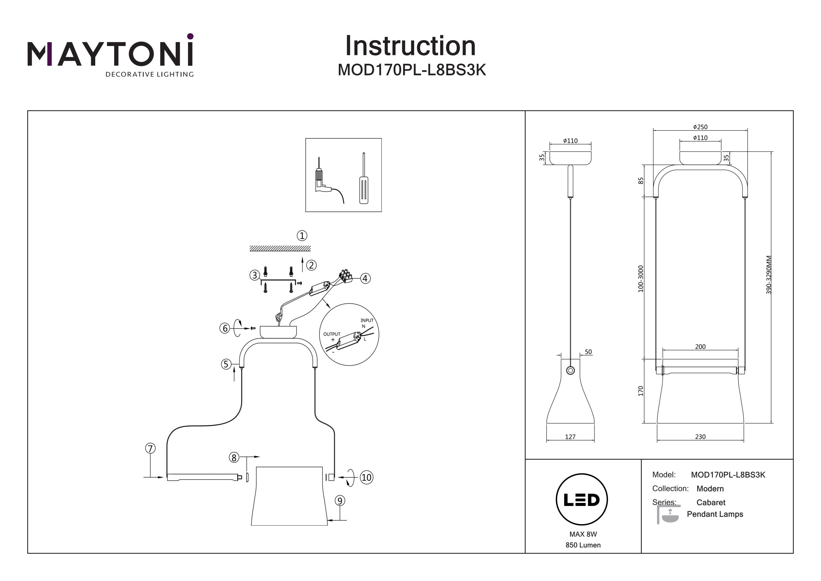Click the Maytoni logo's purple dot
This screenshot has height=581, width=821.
190,36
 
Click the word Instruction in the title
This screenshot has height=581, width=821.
410,46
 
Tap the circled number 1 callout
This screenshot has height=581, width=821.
302,236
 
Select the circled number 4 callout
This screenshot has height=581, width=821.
365,278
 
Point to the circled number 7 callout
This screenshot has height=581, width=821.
150,448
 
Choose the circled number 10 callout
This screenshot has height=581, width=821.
366,477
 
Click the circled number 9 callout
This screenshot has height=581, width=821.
340,500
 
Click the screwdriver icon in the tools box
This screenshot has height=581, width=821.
364,179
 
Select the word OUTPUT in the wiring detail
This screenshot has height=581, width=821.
331,334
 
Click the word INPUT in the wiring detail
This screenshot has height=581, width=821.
367,320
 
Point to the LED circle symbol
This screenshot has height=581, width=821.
582,499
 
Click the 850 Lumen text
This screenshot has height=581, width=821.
583,545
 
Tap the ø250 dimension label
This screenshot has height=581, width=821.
700,127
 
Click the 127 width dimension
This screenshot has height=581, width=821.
570,437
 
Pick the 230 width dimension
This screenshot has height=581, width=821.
700,437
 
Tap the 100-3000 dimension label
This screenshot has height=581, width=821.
640,279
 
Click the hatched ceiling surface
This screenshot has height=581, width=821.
280,248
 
